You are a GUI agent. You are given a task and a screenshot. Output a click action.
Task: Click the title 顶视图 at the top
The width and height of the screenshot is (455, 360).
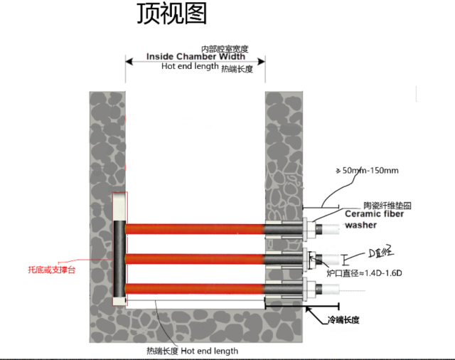click(171, 15)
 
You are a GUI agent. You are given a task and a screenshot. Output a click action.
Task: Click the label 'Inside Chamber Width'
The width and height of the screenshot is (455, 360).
click(196, 57)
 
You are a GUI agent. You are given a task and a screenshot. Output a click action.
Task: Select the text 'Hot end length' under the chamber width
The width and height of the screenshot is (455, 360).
click(189, 66)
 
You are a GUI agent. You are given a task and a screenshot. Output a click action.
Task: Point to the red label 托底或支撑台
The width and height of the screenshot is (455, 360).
click(50, 270)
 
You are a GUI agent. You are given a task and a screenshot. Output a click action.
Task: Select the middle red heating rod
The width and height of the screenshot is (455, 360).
click(196, 258)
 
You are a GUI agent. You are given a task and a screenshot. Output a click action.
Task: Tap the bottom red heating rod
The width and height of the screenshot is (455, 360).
click(196, 288)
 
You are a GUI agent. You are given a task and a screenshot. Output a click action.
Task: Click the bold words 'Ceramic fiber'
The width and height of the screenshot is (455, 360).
click(374, 213)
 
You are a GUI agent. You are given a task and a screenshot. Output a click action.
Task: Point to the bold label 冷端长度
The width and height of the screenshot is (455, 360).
click(343, 320)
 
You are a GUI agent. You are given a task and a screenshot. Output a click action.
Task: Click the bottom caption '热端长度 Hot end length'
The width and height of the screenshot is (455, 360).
click(193, 351)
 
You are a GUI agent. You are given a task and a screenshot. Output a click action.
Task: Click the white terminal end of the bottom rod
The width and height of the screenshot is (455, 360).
click(330, 289)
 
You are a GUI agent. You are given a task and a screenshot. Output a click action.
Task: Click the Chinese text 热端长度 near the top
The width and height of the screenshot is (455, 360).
click(237, 70)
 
